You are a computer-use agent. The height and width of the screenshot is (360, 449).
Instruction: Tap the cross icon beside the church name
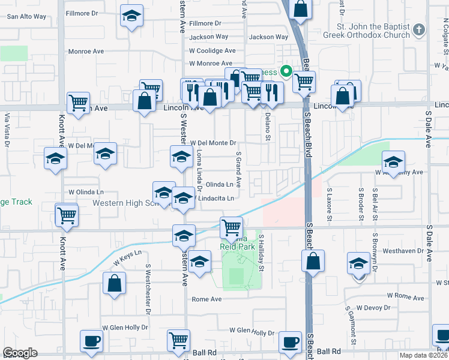click(420, 29)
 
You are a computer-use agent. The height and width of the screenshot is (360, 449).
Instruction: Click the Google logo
click(20, 353)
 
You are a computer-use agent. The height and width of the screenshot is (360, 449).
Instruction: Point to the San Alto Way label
click(26, 16)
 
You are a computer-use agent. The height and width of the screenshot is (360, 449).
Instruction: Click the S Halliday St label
click(262, 252)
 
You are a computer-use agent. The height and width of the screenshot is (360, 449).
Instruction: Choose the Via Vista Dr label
click(7, 130)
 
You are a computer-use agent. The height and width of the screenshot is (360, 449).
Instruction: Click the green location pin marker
click(287, 72)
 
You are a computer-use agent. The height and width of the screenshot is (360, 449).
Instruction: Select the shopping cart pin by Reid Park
click(231, 227)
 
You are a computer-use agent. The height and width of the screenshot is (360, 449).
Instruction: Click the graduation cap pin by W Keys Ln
click(200, 262)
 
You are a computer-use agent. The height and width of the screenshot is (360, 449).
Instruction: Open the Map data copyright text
click(421, 355)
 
